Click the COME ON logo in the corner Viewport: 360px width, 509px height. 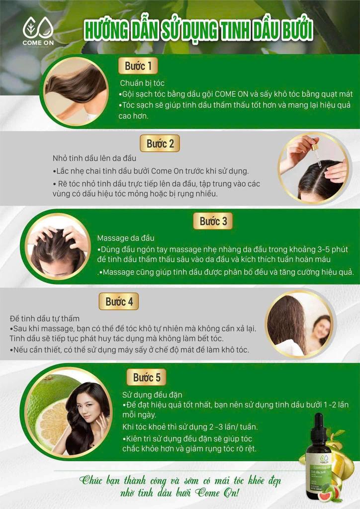pos(38,31)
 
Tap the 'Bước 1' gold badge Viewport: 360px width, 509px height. pos(138,66)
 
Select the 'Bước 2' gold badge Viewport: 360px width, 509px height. pos(160,143)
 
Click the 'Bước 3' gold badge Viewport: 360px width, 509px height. pos(213,221)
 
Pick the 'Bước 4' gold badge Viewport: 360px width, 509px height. pos(119,301)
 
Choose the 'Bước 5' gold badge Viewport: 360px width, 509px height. pos(146,377)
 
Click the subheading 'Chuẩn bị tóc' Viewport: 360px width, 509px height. pos(142,83)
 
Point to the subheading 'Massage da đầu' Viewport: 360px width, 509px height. pos(126,238)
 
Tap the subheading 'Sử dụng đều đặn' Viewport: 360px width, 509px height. pos(152,395)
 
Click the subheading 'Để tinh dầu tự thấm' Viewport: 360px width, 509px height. pos(44,319)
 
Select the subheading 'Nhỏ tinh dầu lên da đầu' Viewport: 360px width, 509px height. pos(94,158)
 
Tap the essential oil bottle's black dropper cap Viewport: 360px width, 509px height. pos(318,426)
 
